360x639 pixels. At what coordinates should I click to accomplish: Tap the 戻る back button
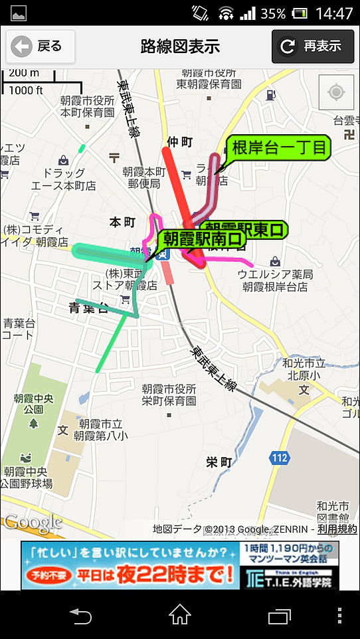coord(41,46)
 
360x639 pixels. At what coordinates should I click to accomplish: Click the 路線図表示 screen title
coord(180,46)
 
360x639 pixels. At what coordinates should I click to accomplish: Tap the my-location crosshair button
coord(336,92)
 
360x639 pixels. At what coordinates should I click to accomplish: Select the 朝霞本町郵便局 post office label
coord(144,176)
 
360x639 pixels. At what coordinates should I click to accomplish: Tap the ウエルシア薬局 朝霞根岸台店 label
coord(275,280)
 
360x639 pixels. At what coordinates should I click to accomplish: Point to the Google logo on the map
coord(33,523)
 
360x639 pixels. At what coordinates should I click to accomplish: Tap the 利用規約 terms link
coord(337,529)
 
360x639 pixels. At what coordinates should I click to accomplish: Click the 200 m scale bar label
coord(25,72)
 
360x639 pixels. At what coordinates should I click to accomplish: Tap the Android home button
coord(180,615)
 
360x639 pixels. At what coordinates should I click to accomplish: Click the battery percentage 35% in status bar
coord(273,13)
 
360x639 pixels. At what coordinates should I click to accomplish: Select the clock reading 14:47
coord(334,13)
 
